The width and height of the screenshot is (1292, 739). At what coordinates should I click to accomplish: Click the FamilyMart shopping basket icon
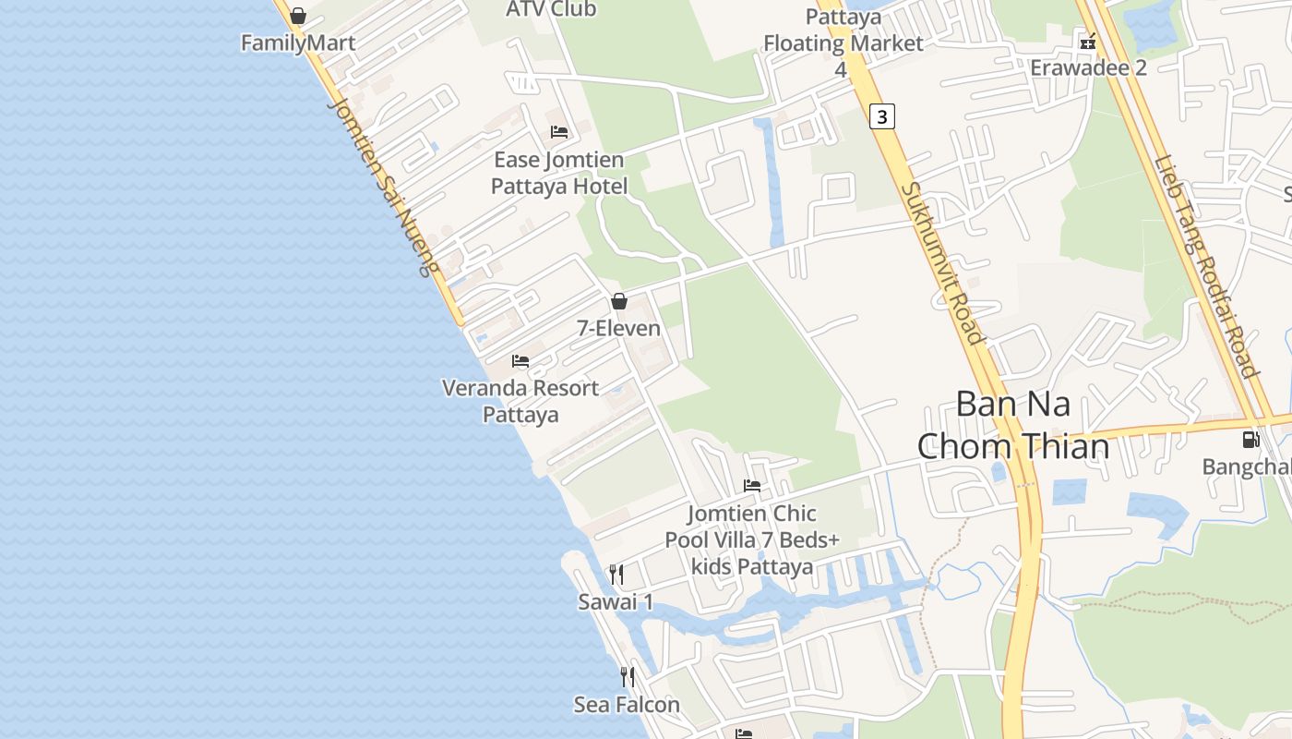[298, 16]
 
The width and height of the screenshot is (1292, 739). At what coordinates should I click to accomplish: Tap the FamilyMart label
[298, 43]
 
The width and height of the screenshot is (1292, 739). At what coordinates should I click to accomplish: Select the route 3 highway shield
[882, 116]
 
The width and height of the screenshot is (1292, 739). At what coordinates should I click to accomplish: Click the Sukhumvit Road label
[942, 262]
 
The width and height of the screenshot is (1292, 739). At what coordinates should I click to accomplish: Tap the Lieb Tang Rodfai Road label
[1206, 266]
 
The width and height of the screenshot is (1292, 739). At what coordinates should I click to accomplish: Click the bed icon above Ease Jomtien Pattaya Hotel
[559, 132]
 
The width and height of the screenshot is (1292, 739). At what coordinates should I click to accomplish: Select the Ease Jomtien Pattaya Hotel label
[559, 173]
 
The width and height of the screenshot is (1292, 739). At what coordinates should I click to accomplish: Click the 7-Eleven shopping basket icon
[619, 301]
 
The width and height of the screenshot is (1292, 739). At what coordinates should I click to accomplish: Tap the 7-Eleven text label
[619, 328]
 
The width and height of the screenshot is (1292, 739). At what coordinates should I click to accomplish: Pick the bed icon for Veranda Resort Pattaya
[520, 361]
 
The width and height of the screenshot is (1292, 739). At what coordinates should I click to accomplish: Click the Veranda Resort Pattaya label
[520, 401]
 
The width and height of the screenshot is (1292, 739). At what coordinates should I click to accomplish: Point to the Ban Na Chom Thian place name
[1012, 425]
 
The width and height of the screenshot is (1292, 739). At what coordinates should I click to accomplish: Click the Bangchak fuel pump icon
[1250, 440]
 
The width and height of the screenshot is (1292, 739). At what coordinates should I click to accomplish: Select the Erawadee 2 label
[1088, 67]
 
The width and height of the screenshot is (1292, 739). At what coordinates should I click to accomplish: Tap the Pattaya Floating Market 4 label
[843, 42]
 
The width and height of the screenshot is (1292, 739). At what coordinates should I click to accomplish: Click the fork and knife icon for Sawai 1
[616, 575]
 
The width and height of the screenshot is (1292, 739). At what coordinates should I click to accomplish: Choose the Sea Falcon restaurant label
[627, 705]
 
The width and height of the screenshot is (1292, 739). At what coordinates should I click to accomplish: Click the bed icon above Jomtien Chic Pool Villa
[752, 486]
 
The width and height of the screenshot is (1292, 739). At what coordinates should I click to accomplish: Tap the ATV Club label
[551, 9]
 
